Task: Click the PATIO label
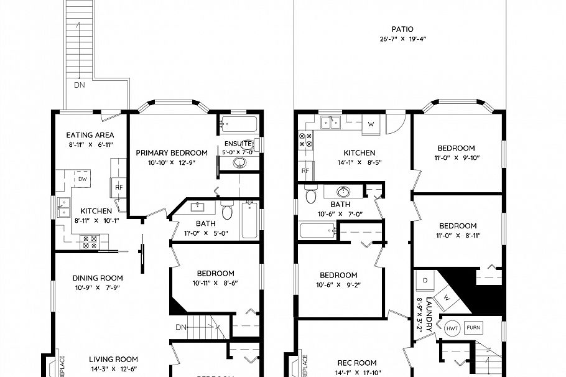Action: (x=402, y=29)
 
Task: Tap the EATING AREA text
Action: (x=90, y=135)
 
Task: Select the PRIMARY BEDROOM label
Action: (x=172, y=153)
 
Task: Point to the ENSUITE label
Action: (x=238, y=143)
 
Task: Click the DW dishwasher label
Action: (x=83, y=179)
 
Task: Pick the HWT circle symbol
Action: (x=452, y=327)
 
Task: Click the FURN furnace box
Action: (x=473, y=327)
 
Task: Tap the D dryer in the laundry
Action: (x=425, y=281)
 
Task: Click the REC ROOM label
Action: (x=357, y=363)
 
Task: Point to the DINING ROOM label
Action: (x=98, y=278)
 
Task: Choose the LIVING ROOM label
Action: (x=113, y=359)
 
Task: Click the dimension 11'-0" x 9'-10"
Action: (x=456, y=158)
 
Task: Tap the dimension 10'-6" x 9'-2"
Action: (x=339, y=286)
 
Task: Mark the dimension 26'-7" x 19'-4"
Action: (x=402, y=39)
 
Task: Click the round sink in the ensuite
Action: (x=239, y=164)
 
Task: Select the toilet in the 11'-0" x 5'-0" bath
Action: (x=228, y=213)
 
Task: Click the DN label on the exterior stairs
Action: (x=80, y=85)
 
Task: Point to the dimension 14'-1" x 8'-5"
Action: (x=360, y=163)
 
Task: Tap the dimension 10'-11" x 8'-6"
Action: (x=215, y=283)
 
